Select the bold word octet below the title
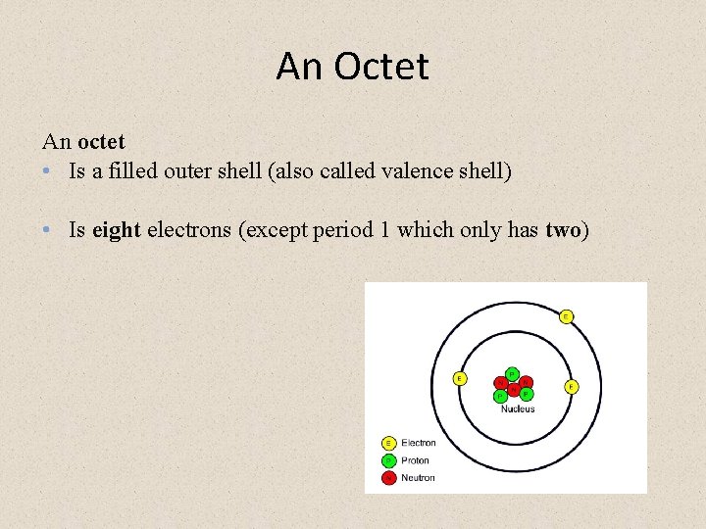coord(101,141)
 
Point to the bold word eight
coord(117,230)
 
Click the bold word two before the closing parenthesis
coord(563,230)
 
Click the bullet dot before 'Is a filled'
coord(49,171)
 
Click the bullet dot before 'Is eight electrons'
coord(49,230)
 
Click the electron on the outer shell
coord(566,316)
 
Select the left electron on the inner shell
coord(459,378)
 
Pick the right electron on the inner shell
coord(571,387)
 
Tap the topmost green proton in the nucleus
coord(512,373)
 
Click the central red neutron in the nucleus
coord(513,388)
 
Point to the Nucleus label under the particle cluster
coord(517,409)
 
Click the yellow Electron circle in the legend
coord(388,443)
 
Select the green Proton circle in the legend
coord(388,460)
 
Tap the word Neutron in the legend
coord(418,478)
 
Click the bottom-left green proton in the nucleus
coord(501,396)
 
